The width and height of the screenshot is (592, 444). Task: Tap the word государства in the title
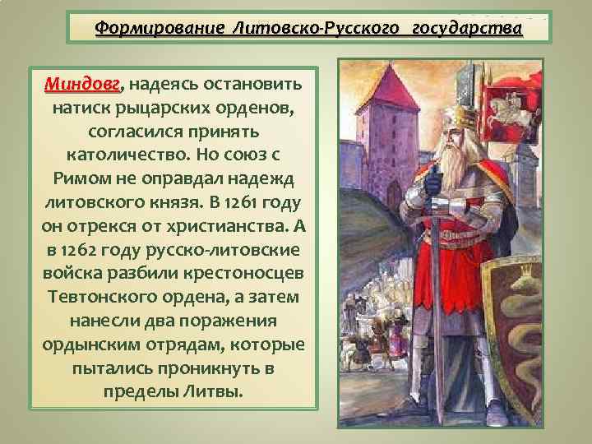coord(466,28)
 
